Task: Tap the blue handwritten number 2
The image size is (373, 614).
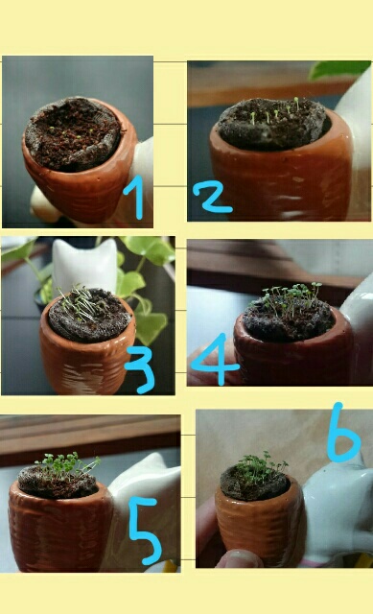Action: pos(212,199)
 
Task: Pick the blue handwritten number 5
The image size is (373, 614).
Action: pos(146,531)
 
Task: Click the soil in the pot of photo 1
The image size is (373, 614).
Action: pos(73,133)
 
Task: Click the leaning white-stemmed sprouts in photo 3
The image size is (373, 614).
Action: pos(79,302)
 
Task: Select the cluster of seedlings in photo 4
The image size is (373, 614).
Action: pos(291,300)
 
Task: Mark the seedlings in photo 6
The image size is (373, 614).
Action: pos(260,465)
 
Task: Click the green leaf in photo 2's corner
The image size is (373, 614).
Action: pos(338,70)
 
